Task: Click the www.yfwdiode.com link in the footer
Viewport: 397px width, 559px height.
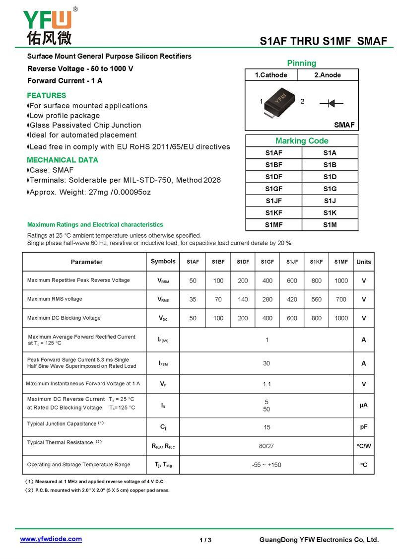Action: (51, 539)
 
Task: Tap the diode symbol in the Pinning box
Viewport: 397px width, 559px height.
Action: (331, 103)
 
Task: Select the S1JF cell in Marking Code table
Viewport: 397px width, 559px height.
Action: (273, 201)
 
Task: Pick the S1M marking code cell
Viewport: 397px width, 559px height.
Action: (330, 225)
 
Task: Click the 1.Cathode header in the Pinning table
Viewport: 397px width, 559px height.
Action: (271, 75)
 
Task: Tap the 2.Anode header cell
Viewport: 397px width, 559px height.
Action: (328, 75)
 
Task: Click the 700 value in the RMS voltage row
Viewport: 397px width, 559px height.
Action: (341, 299)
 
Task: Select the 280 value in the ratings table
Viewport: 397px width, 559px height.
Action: (267, 299)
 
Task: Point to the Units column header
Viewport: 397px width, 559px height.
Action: (364, 262)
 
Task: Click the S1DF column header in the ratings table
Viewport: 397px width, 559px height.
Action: (243, 262)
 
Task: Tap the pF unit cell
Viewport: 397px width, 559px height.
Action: (364, 427)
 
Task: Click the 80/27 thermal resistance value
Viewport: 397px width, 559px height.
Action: (266, 446)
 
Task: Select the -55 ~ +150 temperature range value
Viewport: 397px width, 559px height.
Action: (266, 465)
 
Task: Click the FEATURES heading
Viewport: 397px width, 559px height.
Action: (46, 95)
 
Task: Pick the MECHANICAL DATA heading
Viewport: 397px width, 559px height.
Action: (62, 160)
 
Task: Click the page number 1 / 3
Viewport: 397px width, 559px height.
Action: (205, 540)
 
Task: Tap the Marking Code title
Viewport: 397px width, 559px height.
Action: (302, 140)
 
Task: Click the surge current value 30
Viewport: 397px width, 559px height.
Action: (266, 363)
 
